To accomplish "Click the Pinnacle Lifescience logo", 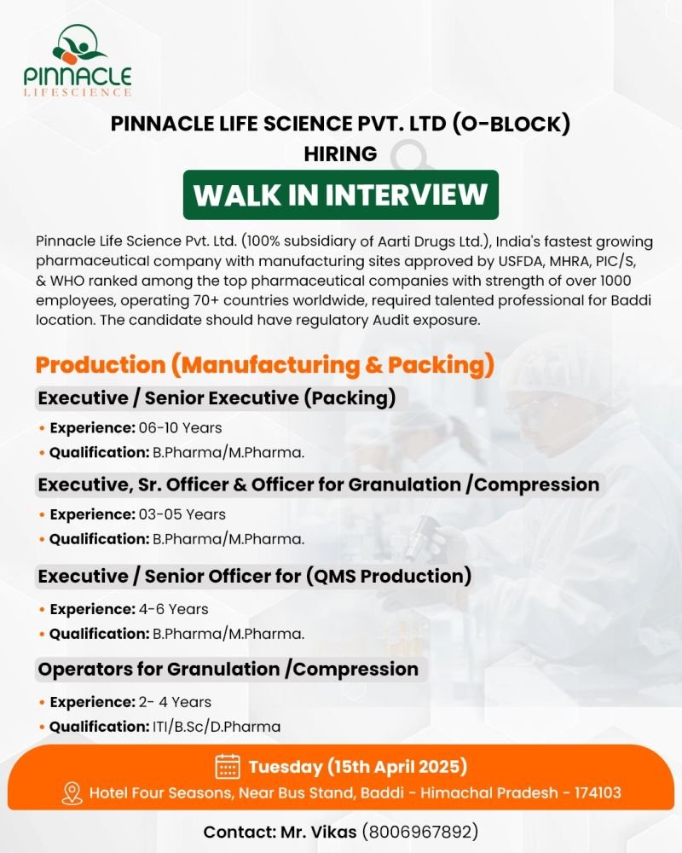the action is (x=78, y=61).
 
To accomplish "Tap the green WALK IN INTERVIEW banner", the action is (x=340, y=194).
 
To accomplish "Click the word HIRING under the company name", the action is (x=340, y=154).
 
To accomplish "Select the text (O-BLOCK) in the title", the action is (x=511, y=124).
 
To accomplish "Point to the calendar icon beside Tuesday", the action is (x=228, y=767).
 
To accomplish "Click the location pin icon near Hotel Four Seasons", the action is (x=72, y=793).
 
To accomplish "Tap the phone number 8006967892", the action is (x=420, y=832).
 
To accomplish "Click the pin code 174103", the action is (x=598, y=792).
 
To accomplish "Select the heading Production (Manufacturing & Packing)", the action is (x=265, y=365).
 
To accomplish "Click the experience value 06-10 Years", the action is (x=180, y=428).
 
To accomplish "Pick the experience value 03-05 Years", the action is (x=182, y=514).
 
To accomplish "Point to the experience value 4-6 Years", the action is (x=174, y=609).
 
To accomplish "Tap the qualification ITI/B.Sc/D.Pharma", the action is (x=217, y=727).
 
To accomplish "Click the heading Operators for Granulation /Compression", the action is (x=228, y=669).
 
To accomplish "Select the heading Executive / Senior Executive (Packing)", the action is (x=217, y=398).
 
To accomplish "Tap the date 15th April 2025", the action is (x=397, y=767).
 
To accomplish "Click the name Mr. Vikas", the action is (x=319, y=832).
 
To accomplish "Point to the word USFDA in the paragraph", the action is (x=521, y=261).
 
